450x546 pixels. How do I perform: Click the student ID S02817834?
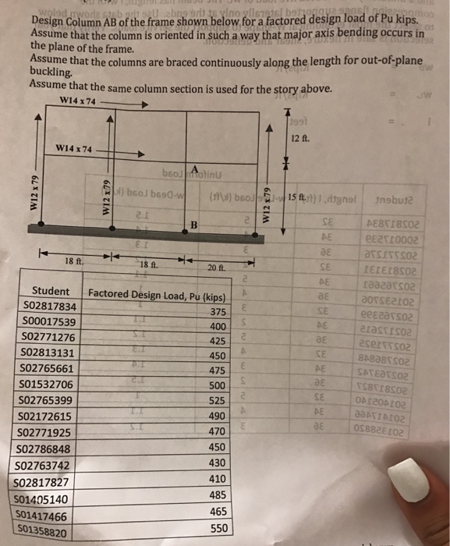pos(46,307)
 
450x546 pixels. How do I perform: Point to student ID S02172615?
pos(43,416)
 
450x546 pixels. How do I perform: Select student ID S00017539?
pos(44,321)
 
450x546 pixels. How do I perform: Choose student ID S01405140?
pos(41,499)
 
